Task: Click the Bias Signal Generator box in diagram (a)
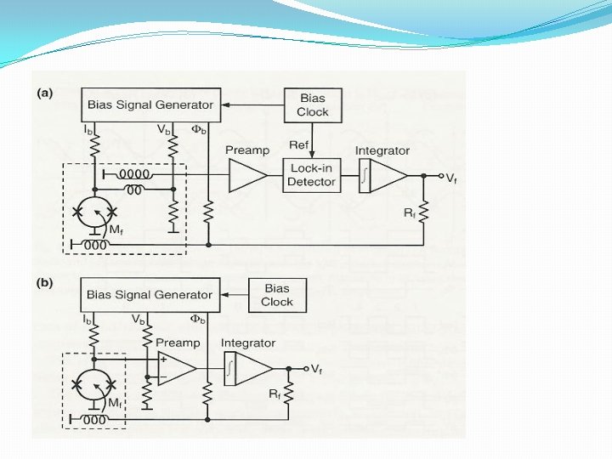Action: pyautogui.click(x=151, y=105)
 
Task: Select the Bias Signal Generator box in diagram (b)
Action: pyautogui.click(x=150, y=295)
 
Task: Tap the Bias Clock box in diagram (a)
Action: pyautogui.click(x=312, y=105)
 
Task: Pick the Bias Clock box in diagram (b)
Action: pyautogui.click(x=277, y=295)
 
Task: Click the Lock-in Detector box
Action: pyautogui.click(x=312, y=175)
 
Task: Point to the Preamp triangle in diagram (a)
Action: pyautogui.click(x=246, y=176)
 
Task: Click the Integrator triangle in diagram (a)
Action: pyautogui.click(x=387, y=176)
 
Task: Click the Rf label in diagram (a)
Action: pyautogui.click(x=409, y=212)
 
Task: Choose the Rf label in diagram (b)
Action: pyautogui.click(x=275, y=394)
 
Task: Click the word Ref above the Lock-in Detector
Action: pyautogui.click(x=298, y=145)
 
